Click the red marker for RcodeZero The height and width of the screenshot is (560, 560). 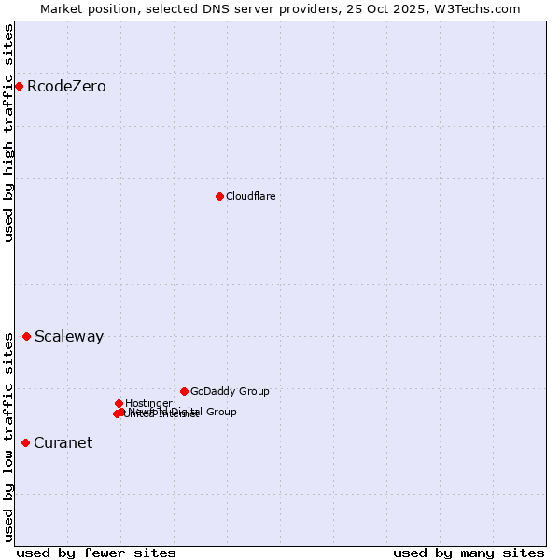19,87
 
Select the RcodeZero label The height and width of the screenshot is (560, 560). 66,87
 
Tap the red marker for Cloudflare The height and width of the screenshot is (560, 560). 219,196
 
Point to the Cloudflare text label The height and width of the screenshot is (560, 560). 250,196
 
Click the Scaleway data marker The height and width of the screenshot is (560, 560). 26,336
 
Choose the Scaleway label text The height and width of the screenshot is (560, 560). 69,337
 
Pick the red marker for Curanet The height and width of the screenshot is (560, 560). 25,442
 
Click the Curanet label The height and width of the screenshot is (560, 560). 63,443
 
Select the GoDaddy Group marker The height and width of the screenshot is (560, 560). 184,391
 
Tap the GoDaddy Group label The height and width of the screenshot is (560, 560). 230,392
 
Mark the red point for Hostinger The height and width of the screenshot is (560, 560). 119,403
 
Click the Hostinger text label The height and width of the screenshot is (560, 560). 148,403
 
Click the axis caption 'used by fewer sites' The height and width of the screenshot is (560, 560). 96,553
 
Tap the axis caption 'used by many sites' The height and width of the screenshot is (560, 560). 469,553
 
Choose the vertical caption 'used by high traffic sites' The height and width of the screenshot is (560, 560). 8,133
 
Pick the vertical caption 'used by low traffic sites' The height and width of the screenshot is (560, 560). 8,435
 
